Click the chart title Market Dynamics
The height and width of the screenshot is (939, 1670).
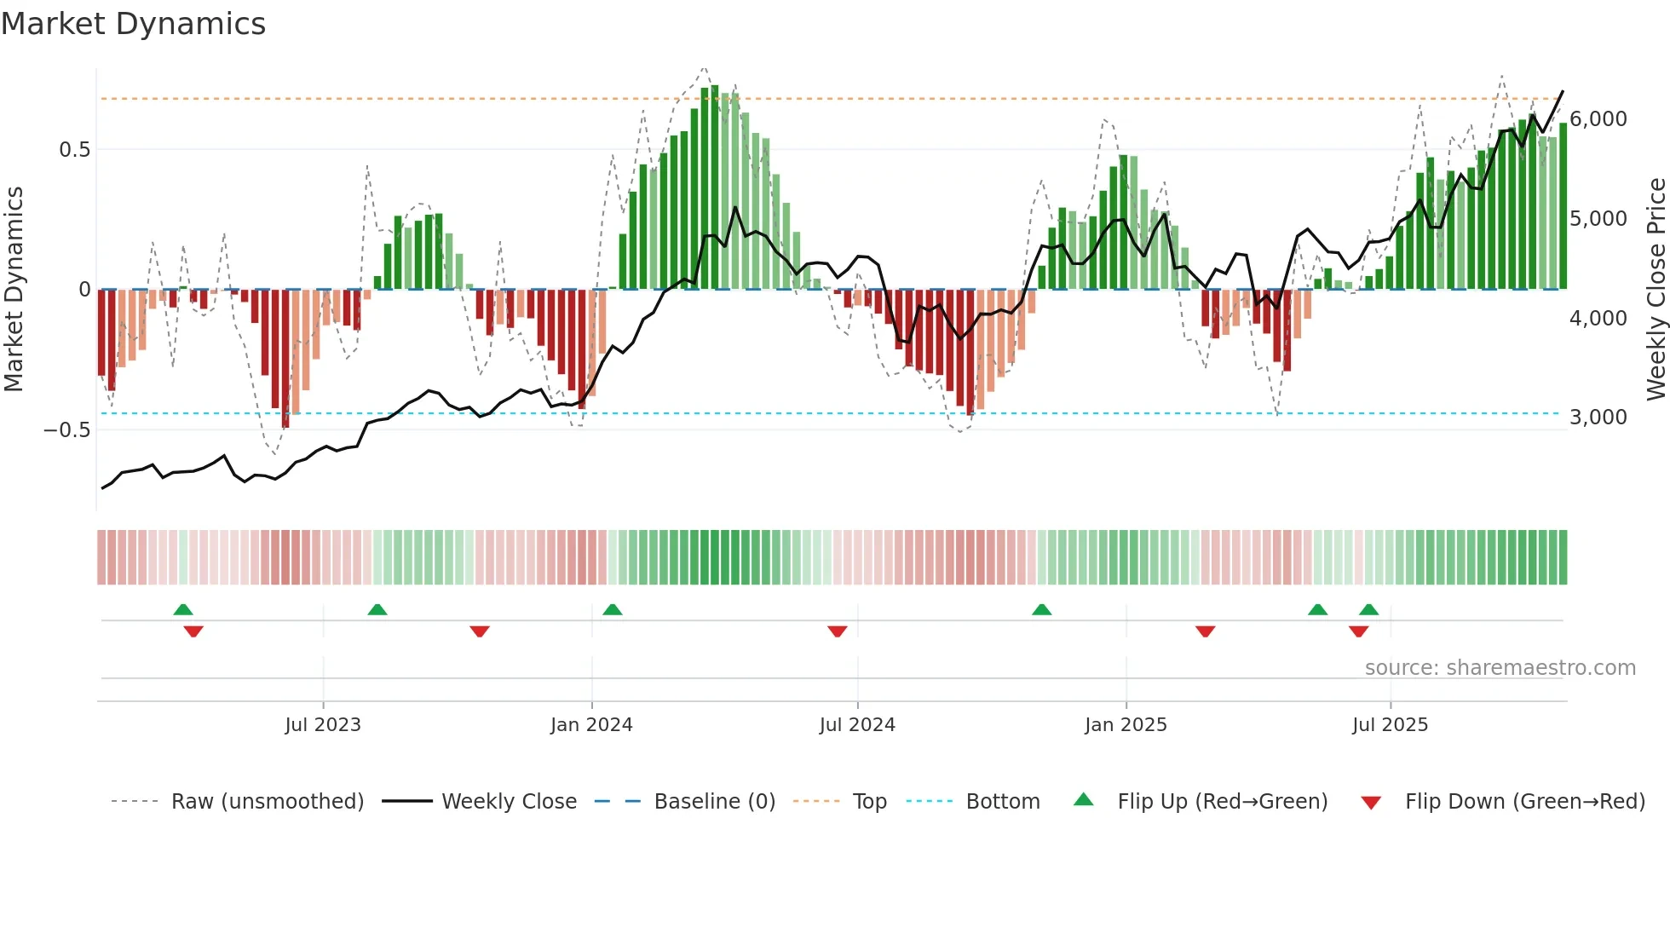point(133,24)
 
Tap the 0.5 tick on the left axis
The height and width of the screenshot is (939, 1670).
point(74,150)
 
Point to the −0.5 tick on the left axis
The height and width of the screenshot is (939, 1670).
point(66,430)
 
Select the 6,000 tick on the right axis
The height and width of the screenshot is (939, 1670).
point(1598,119)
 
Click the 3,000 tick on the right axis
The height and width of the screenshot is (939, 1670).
point(1598,418)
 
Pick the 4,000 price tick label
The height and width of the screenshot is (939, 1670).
point(1598,319)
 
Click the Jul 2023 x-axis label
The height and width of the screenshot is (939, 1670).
point(323,725)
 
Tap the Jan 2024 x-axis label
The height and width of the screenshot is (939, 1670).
point(591,725)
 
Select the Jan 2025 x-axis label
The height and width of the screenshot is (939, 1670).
point(1126,725)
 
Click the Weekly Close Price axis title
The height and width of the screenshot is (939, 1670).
point(1656,290)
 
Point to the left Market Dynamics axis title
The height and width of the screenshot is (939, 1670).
point(14,290)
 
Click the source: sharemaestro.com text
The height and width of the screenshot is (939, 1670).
point(1500,668)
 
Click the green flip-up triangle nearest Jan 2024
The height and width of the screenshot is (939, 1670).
point(612,609)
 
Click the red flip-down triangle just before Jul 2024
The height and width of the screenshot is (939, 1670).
point(838,631)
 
